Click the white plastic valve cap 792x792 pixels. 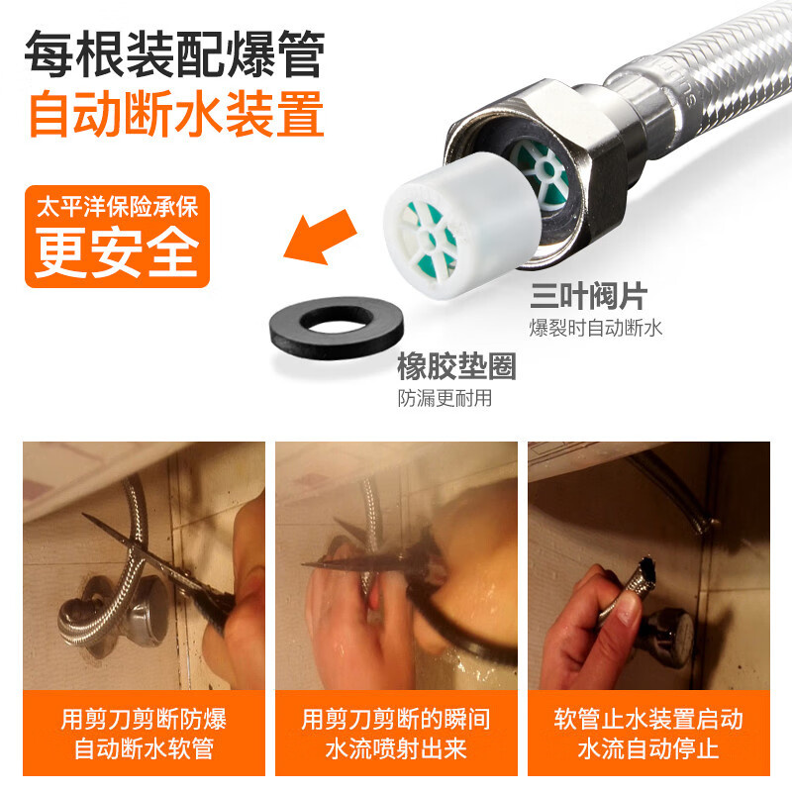coord(459,226)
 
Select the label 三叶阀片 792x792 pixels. coord(588,296)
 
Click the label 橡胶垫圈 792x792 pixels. coord(456,366)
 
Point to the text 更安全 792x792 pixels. coord(117,251)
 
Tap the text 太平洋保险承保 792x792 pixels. coord(117,206)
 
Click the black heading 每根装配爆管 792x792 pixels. coord(175,53)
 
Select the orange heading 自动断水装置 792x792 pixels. coord(177,114)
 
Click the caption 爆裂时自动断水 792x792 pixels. coord(596,328)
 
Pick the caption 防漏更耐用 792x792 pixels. coord(445,398)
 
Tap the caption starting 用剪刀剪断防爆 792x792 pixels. coord(144,720)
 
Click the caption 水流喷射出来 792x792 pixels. coord(396,748)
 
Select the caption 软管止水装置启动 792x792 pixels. coord(648,720)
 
